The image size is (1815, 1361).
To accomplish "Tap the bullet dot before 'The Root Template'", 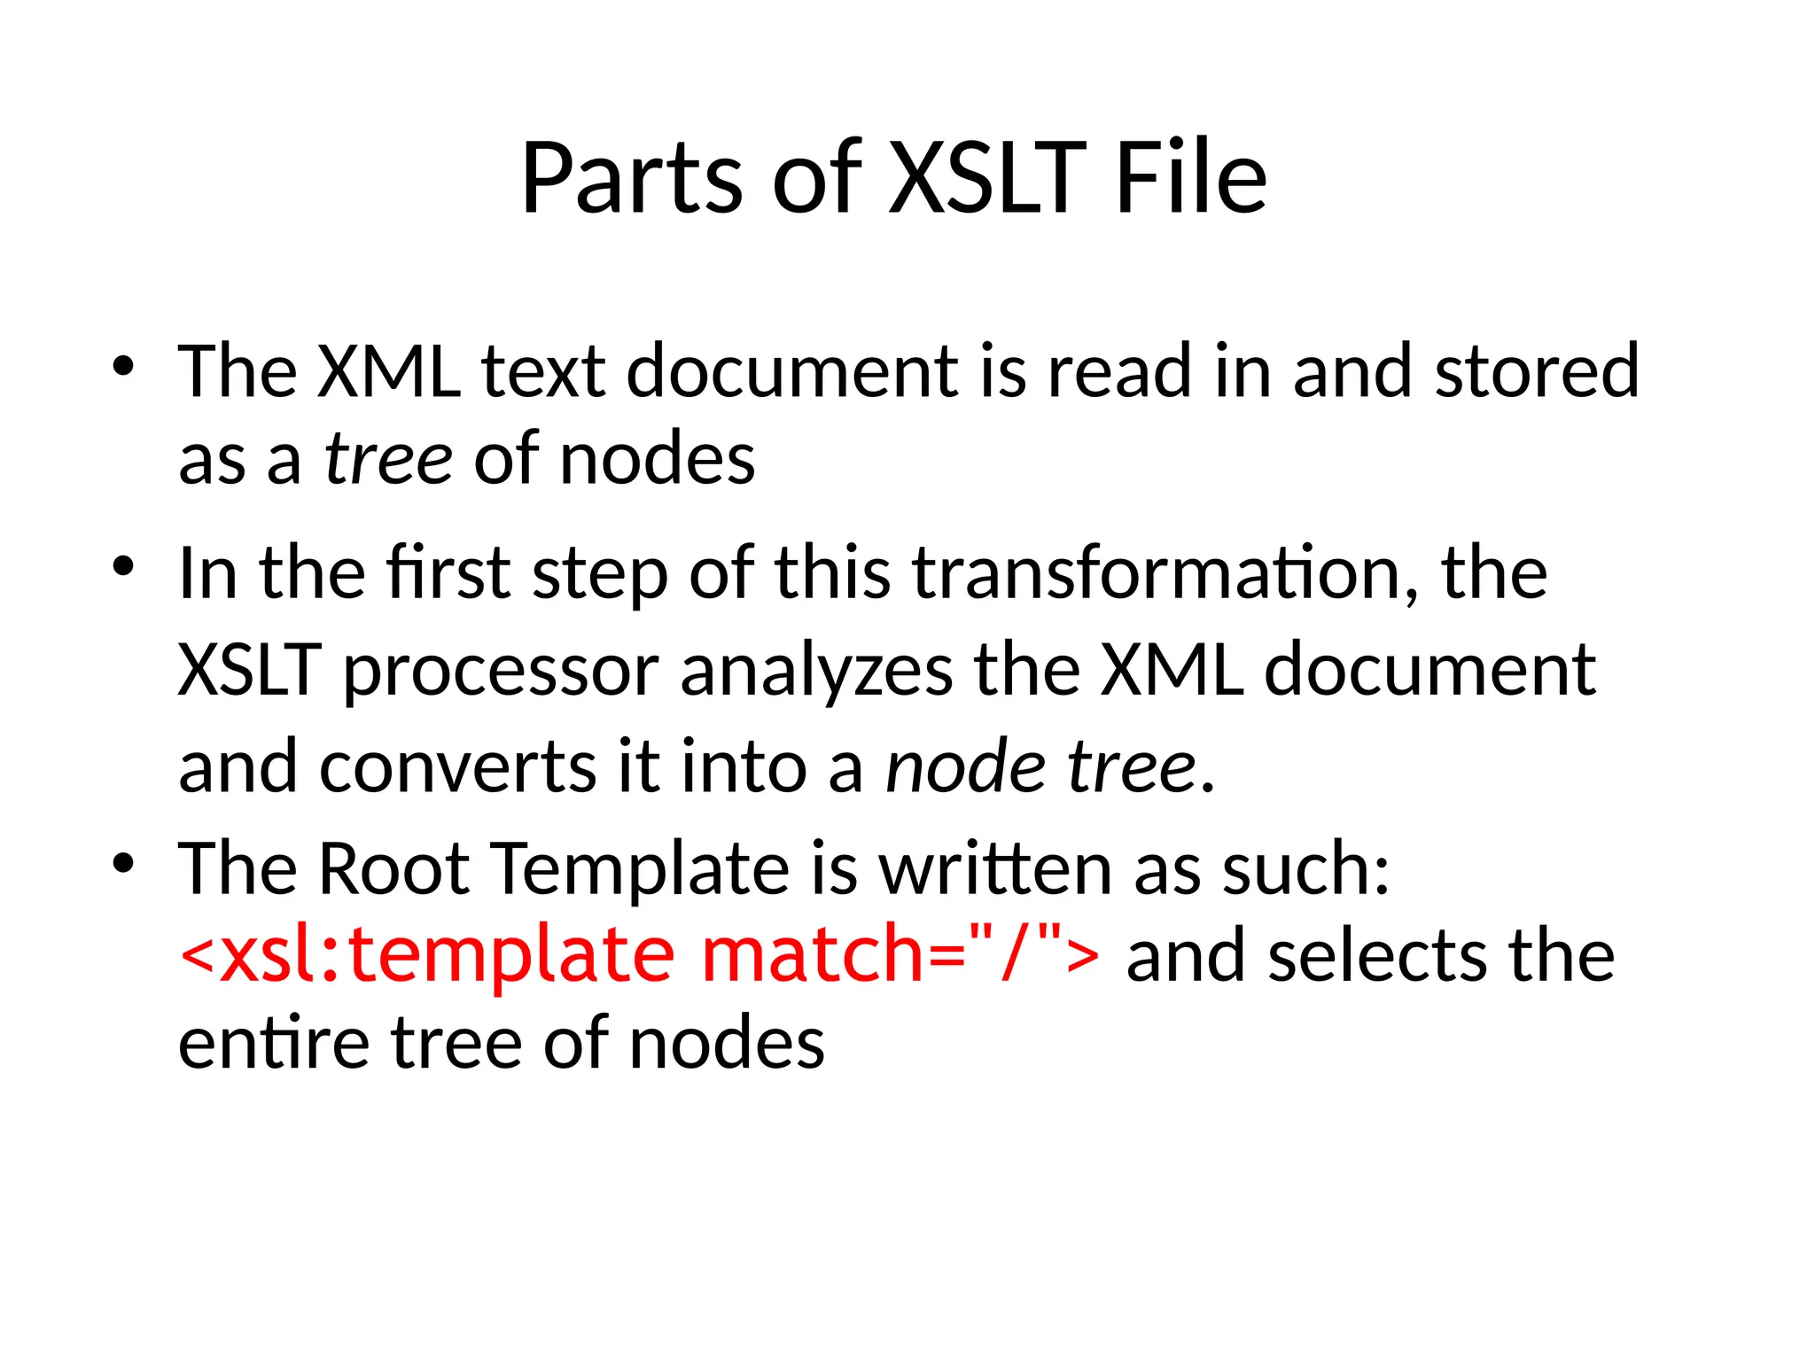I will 123,861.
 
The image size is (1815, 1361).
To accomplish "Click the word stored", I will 1537,372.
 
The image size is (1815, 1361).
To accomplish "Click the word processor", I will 501,672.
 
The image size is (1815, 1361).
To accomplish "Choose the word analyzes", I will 816,670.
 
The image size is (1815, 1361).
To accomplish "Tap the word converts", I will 457,766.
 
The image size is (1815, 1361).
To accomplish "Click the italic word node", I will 965,766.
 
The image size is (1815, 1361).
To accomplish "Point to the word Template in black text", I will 639,870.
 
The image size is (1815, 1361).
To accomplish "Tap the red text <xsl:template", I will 427,957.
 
